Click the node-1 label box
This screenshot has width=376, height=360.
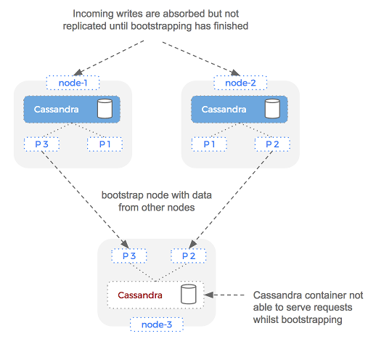(x=72, y=83)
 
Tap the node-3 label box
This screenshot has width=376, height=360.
(x=156, y=324)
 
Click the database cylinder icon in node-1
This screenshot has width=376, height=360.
(x=105, y=109)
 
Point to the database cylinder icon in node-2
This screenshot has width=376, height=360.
(x=272, y=109)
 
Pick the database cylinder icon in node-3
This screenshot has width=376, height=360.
(x=189, y=295)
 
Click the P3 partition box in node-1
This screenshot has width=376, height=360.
(x=41, y=144)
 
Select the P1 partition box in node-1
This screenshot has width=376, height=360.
(x=105, y=144)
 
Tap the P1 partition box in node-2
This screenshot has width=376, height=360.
(x=209, y=144)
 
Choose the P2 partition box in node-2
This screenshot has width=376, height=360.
(x=272, y=144)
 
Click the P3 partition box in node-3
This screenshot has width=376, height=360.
(x=128, y=256)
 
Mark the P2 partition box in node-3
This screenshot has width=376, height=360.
(x=189, y=256)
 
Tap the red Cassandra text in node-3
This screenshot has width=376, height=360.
(x=139, y=295)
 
